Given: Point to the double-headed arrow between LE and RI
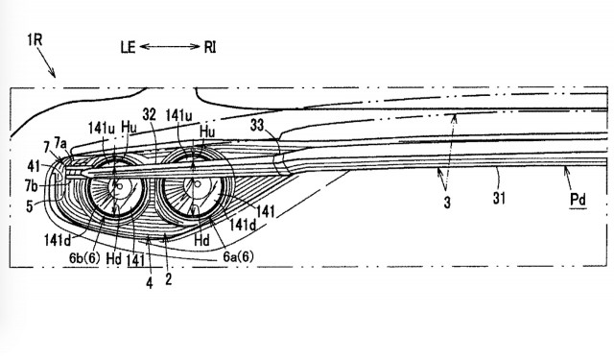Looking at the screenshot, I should pos(170,45).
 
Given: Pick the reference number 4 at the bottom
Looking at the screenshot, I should pos(149,284).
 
